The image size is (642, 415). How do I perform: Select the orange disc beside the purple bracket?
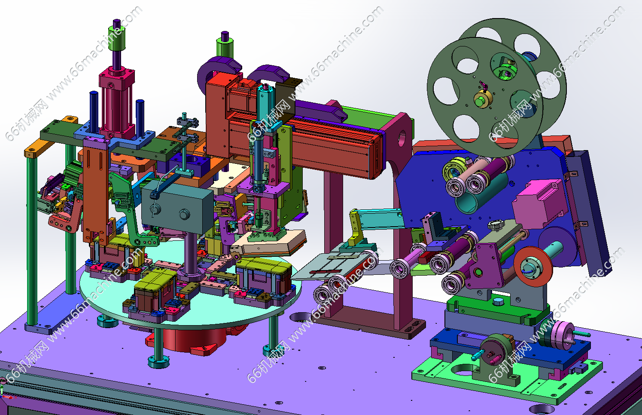point(532,266)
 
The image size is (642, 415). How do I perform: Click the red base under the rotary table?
point(189,340)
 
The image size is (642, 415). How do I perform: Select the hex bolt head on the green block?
point(498,301)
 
